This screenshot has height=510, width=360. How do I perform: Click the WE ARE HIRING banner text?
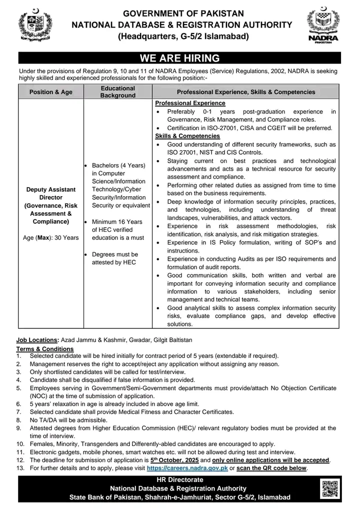click(179, 58)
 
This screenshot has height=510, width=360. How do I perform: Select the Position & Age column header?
click(50, 92)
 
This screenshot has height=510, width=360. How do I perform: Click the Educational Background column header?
click(117, 92)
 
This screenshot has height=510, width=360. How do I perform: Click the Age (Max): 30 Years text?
click(50, 237)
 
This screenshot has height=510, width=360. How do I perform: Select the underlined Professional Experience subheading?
click(183, 103)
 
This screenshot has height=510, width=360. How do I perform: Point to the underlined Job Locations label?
click(37, 339)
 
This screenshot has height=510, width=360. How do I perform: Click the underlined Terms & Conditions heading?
click(45, 349)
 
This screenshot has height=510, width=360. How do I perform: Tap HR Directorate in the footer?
click(179, 480)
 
